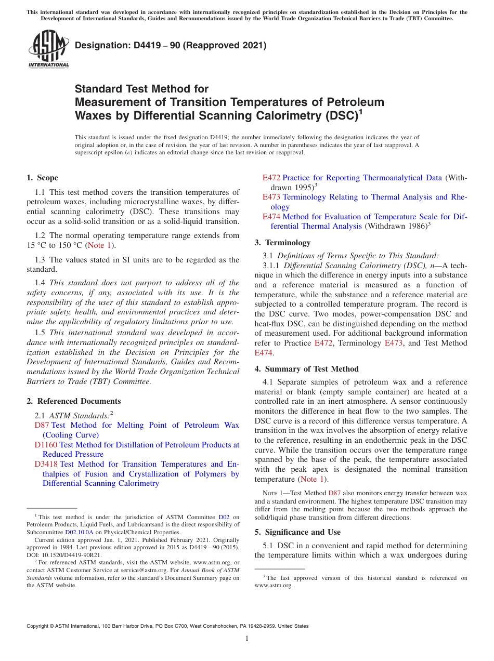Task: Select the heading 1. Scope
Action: [x=42, y=178]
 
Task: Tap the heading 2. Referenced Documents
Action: [x=73, y=401]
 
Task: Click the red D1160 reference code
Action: [x=46, y=445]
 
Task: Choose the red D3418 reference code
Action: [x=46, y=464]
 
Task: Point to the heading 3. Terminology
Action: [x=282, y=243]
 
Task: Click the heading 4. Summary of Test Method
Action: [x=306, y=369]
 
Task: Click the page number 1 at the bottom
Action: [x=247, y=639]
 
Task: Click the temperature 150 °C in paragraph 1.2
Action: [x=71, y=245]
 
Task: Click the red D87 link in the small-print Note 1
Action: [x=334, y=493]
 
